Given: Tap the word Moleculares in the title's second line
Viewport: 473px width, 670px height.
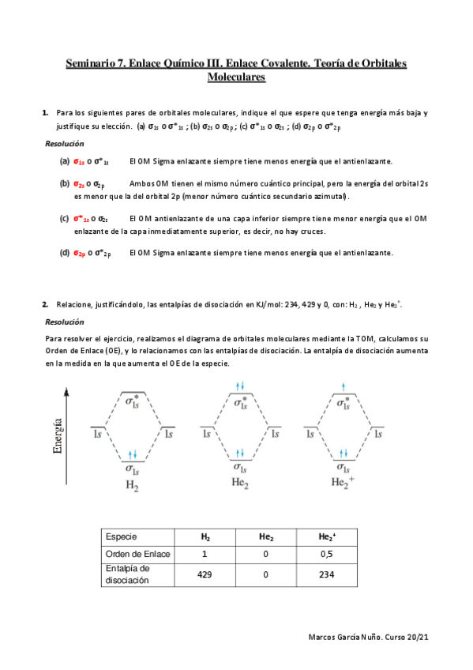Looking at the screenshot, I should tap(236, 77).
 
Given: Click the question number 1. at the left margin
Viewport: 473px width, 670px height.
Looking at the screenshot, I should tap(45, 113).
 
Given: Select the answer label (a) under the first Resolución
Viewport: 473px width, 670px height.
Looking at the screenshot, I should tap(64, 161).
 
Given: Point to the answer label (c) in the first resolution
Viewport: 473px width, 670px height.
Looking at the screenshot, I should tap(64, 218).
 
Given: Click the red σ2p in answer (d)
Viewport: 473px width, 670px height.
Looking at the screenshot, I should tap(80, 254).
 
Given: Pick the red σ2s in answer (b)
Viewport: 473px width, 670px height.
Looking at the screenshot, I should tap(80, 183).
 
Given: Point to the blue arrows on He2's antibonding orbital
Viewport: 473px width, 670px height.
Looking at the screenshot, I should tap(242, 386).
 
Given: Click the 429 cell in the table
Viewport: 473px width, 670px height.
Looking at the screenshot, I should tap(204, 574).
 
